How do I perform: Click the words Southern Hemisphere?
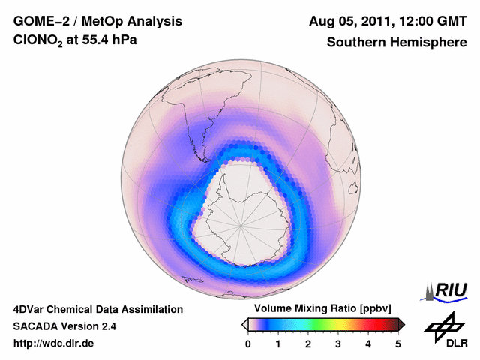(x=396, y=43)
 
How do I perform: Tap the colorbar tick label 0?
(x=248, y=343)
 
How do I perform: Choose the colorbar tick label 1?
(x=278, y=343)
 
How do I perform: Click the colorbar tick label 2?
(x=308, y=343)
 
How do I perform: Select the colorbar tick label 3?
(x=338, y=343)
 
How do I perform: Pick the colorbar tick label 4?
(x=368, y=343)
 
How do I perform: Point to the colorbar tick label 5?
(x=398, y=343)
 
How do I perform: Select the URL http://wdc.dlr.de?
(x=54, y=343)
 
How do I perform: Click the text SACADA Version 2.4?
(x=64, y=326)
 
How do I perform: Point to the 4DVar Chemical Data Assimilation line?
(x=97, y=309)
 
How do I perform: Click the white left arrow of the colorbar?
(x=245, y=324)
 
